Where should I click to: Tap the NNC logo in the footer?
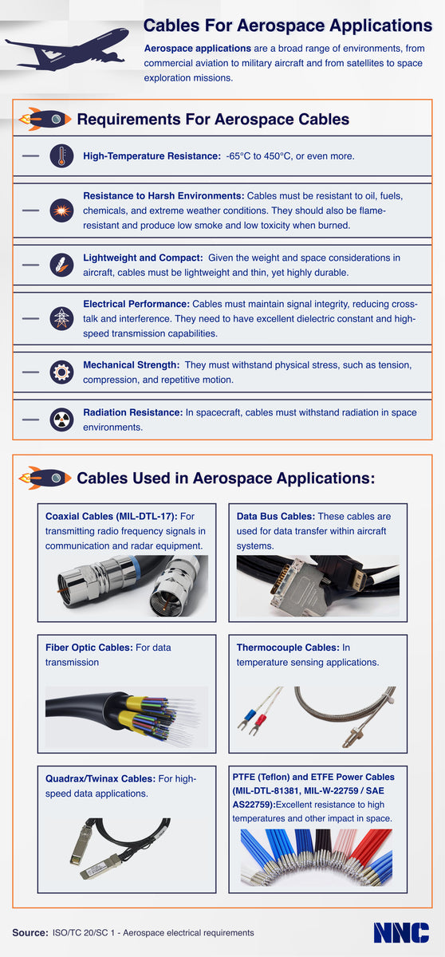(x=401, y=932)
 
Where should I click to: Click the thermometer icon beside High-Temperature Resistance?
(x=61, y=156)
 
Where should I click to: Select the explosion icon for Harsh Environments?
(x=61, y=211)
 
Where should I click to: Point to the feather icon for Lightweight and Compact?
(x=61, y=266)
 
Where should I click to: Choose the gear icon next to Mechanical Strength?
(x=61, y=372)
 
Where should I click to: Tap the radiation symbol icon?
(x=61, y=419)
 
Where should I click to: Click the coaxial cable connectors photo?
(x=127, y=586)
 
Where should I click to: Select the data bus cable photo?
(x=317, y=586)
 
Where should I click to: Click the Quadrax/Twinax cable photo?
(x=127, y=847)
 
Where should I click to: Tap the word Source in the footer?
(x=29, y=932)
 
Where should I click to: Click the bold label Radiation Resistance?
(x=132, y=412)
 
